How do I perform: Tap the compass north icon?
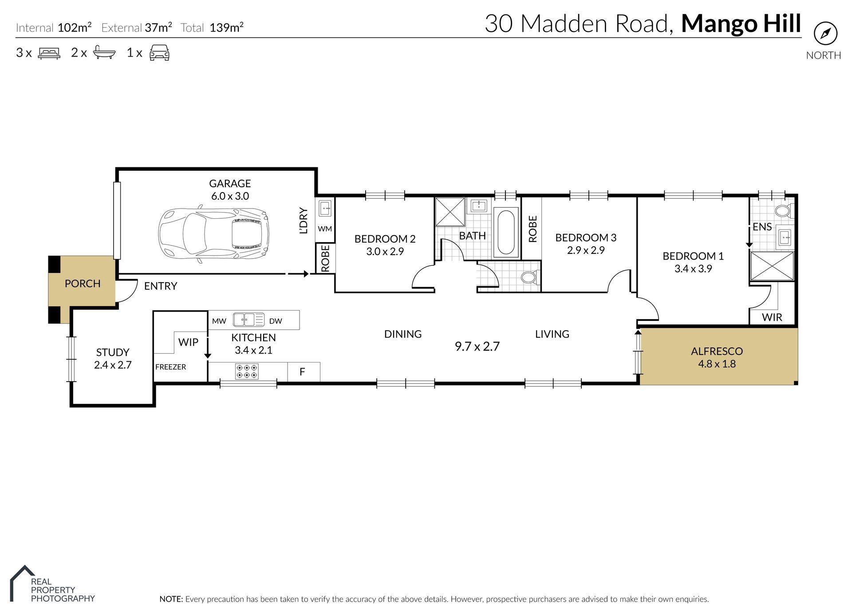825,33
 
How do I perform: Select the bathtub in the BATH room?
506,233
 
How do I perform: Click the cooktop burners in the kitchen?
247,371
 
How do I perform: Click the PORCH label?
83,284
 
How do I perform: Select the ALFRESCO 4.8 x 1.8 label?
716,357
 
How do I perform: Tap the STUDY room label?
113,358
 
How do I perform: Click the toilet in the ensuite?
784,211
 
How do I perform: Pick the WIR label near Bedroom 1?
772,317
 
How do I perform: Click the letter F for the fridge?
302,372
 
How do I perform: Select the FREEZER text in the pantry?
170,367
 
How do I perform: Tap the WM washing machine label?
325,229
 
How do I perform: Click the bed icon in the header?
49,53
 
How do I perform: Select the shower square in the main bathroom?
450,212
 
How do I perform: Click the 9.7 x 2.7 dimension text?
477,346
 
